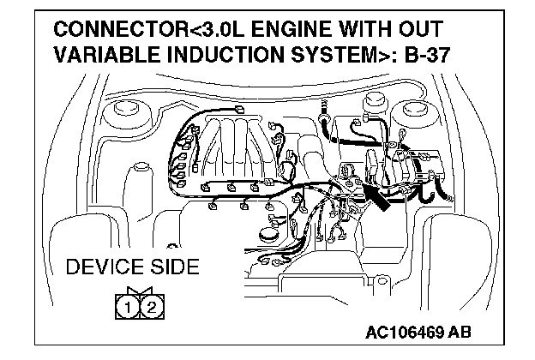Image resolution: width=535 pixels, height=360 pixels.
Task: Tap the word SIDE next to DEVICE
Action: click(173, 267)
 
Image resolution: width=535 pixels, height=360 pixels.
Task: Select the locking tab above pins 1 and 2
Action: click(137, 291)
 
